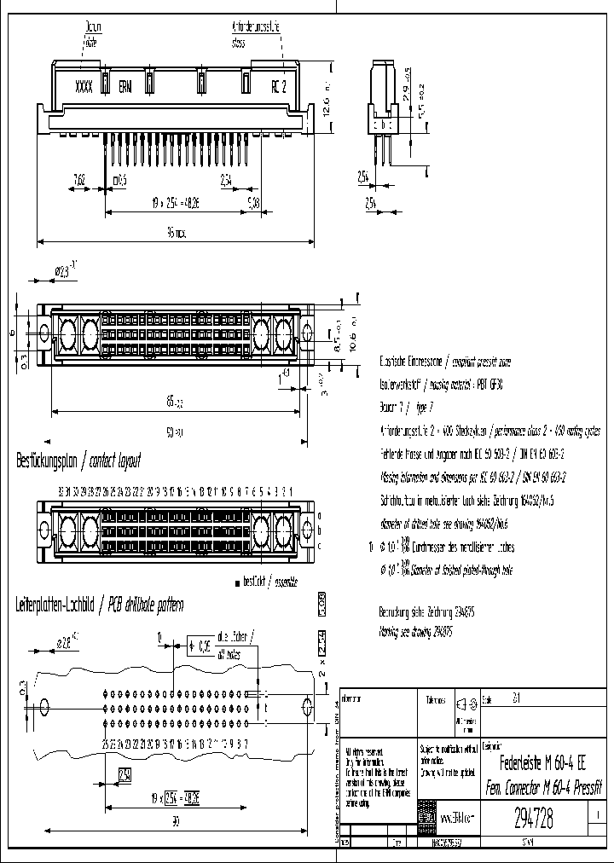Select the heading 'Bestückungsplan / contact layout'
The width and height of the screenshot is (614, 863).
[78, 461]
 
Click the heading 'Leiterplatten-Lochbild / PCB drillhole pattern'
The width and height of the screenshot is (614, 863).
[100, 605]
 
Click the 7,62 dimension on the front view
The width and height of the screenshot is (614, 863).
[79, 180]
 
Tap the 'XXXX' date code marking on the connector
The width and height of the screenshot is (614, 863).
[84, 86]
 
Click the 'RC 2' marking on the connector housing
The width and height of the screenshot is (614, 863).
[278, 86]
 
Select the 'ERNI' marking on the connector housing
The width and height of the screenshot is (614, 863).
[125, 86]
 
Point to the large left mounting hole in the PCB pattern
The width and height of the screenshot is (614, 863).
[45, 707]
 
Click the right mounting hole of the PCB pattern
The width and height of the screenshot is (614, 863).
[308, 706]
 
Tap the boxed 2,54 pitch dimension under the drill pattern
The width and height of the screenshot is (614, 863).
[125, 774]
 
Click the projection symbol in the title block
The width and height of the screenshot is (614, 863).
[464, 704]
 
